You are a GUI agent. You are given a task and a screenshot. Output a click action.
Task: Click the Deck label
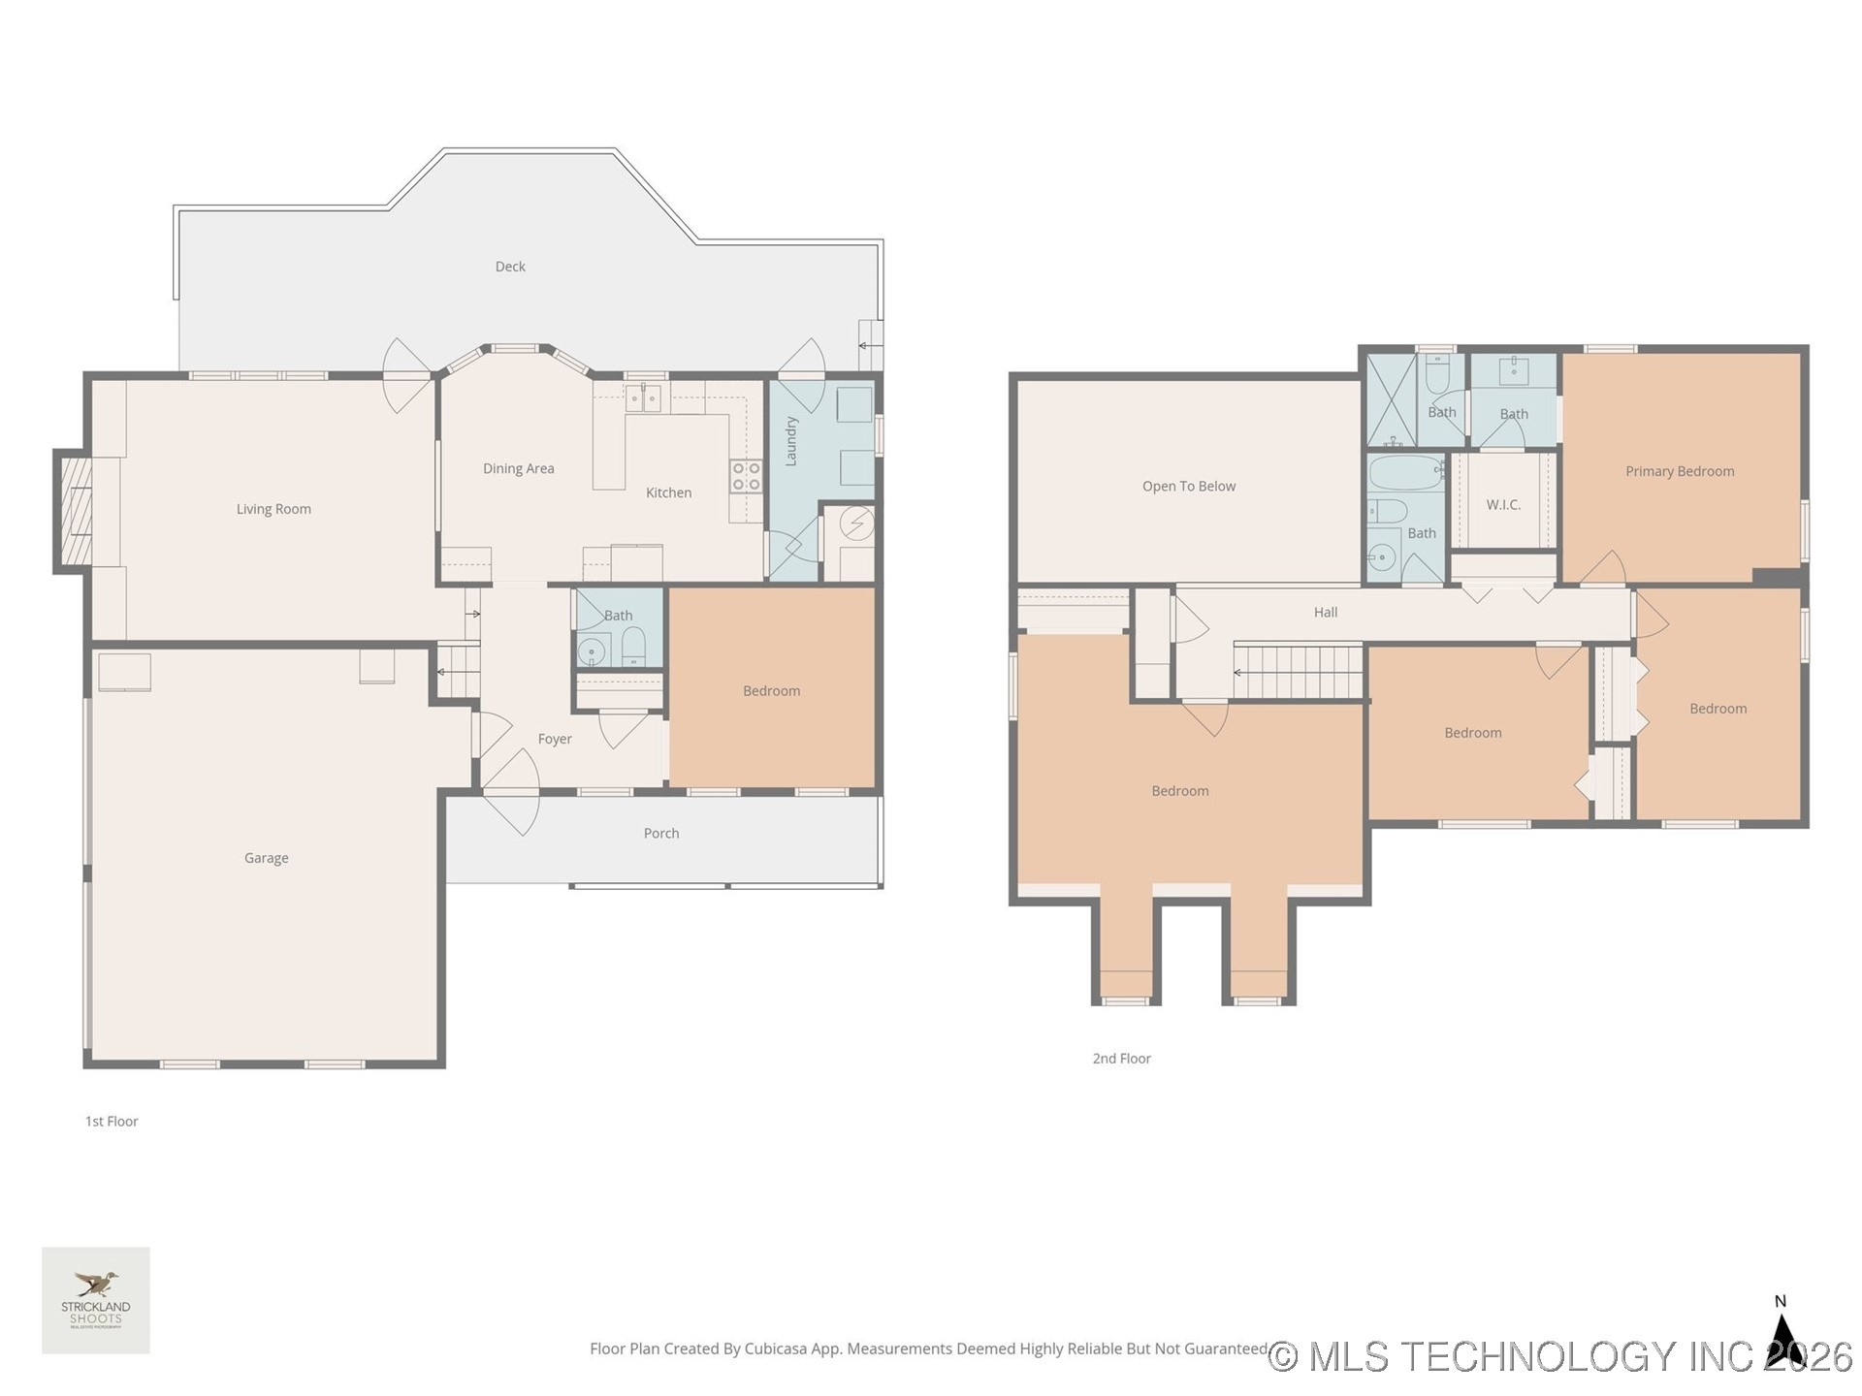click(510, 267)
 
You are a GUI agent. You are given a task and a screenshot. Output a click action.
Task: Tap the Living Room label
click(273, 509)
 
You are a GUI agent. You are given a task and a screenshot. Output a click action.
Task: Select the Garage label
click(266, 858)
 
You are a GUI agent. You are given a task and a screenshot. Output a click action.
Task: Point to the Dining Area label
click(518, 468)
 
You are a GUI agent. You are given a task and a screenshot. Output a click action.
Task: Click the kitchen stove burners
click(746, 476)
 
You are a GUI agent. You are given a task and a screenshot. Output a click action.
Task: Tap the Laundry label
click(791, 441)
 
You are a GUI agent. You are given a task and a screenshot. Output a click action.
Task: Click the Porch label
click(660, 833)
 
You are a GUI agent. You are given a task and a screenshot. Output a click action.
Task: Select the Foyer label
click(555, 739)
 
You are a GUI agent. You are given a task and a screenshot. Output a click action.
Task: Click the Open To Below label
click(1188, 486)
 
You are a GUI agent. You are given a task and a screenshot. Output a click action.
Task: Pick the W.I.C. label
click(1502, 504)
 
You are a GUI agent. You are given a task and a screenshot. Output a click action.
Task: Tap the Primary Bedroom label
click(1679, 471)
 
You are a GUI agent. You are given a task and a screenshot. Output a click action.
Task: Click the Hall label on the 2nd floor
click(1325, 612)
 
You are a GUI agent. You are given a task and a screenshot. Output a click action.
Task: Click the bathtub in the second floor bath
click(1405, 474)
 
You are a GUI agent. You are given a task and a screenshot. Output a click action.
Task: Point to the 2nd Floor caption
click(1121, 1059)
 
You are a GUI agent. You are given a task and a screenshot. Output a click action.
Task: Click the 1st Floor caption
click(112, 1122)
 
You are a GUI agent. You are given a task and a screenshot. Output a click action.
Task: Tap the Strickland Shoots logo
click(96, 1300)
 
